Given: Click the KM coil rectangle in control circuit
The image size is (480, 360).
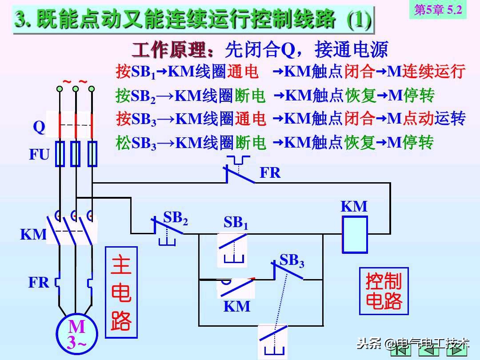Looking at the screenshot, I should click(355, 234).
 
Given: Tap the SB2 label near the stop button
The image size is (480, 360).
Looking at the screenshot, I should click(176, 218).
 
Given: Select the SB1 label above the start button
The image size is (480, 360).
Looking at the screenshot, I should click(236, 222).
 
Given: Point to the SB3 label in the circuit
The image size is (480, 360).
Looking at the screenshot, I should click(292, 260).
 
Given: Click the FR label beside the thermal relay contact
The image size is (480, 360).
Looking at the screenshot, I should click(270, 172).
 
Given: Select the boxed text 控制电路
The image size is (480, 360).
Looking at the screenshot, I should click(384, 291).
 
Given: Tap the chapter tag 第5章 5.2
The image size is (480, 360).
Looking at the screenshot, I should click(438, 10).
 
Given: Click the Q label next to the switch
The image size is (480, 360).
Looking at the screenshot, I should click(39, 128).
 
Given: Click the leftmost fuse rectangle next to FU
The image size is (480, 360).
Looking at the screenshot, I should click(60, 154).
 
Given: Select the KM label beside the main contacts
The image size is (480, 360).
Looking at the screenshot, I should click(33, 234).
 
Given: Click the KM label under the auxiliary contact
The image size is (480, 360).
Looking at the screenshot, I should click(236, 306).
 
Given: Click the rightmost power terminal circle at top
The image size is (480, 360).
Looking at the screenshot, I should click(92, 89).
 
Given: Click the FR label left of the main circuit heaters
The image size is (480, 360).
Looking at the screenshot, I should click(39, 282).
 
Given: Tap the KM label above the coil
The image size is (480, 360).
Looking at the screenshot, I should click(354, 206).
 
